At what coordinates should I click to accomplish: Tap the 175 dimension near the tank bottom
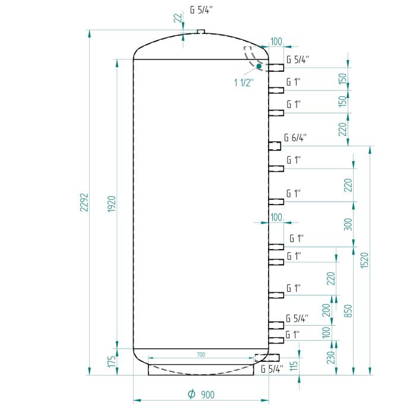point(111,363)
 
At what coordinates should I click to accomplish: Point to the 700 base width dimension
point(200,355)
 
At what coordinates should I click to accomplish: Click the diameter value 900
point(207,395)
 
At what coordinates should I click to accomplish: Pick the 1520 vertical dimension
point(365,260)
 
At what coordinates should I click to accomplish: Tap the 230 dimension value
point(330,357)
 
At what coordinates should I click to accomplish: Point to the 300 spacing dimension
point(348,224)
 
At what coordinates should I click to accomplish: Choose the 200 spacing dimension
point(326,310)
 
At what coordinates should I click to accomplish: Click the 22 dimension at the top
point(177,18)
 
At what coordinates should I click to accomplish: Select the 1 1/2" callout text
point(244,82)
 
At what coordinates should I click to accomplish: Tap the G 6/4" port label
point(295,138)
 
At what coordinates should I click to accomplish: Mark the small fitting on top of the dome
point(200,31)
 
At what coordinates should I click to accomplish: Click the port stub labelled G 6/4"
point(275,146)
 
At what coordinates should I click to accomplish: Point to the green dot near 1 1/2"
point(259,66)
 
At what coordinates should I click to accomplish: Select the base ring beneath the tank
point(200,370)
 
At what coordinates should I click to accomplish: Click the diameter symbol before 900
point(191,395)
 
